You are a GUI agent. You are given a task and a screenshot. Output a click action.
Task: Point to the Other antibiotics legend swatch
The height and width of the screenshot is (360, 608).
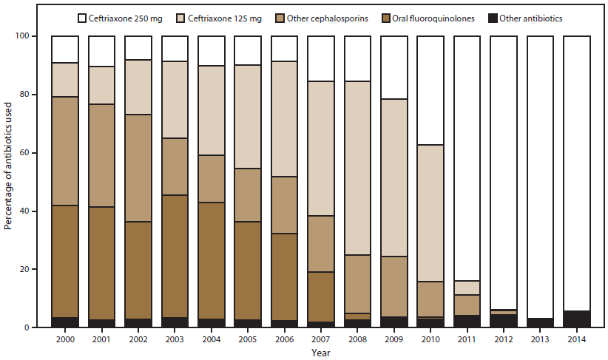495,16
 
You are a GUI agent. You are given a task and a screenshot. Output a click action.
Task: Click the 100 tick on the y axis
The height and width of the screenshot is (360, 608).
29,36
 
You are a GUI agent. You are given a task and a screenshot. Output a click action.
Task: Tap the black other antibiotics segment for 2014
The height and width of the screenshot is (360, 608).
576,319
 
